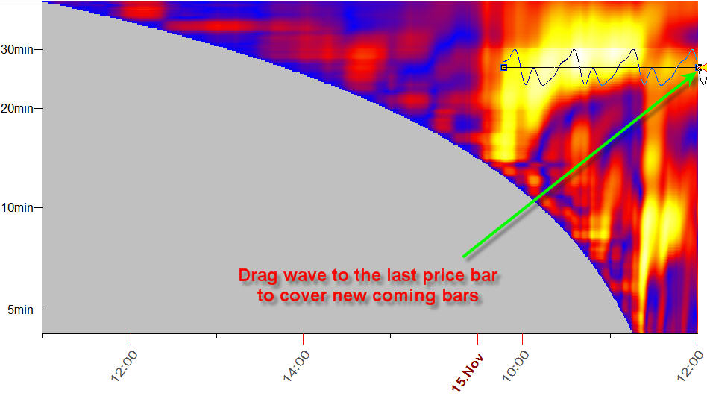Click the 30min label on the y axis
click(17, 49)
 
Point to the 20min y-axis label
click(17, 109)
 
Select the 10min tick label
click(17, 208)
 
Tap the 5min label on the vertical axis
click(20, 310)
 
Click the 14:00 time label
click(296, 366)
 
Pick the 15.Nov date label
click(468, 372)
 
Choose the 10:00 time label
click(515, 366)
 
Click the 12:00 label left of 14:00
click(124, 366)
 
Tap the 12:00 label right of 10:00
click(691, 366)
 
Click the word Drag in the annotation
click(257, 275)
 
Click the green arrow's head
click(696, 70)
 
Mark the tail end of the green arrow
click(463, 257)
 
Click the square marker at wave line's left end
click(503, 68)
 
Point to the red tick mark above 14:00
click(303, 338)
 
